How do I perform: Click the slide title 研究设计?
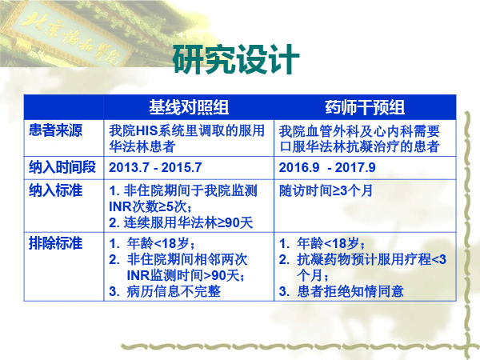(x=236, y=59)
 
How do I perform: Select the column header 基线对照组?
(x=189, y=107)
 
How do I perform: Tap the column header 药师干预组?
(x=365, y=107)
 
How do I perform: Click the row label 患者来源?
(x=55, y=130)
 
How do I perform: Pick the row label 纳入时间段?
(x=62, y=167)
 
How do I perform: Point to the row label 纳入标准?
(x=55, y=190)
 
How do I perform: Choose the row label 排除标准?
(x=55, y=243)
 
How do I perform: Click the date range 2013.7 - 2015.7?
(x=155, y=167)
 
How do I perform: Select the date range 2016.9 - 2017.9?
(x=327, y=167)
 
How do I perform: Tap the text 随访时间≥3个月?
(x=326, y=190)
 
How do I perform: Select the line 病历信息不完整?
(x=174, y=291)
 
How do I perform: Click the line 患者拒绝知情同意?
(x=350, y=291)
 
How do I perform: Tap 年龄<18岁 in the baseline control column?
(x=161, y=244)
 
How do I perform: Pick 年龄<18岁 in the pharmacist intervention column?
(x=330, y=244)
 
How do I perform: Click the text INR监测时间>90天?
(x=186, y=275)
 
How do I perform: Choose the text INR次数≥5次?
(x=150, y=206)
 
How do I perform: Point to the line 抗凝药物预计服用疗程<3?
(x=371, y=259)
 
